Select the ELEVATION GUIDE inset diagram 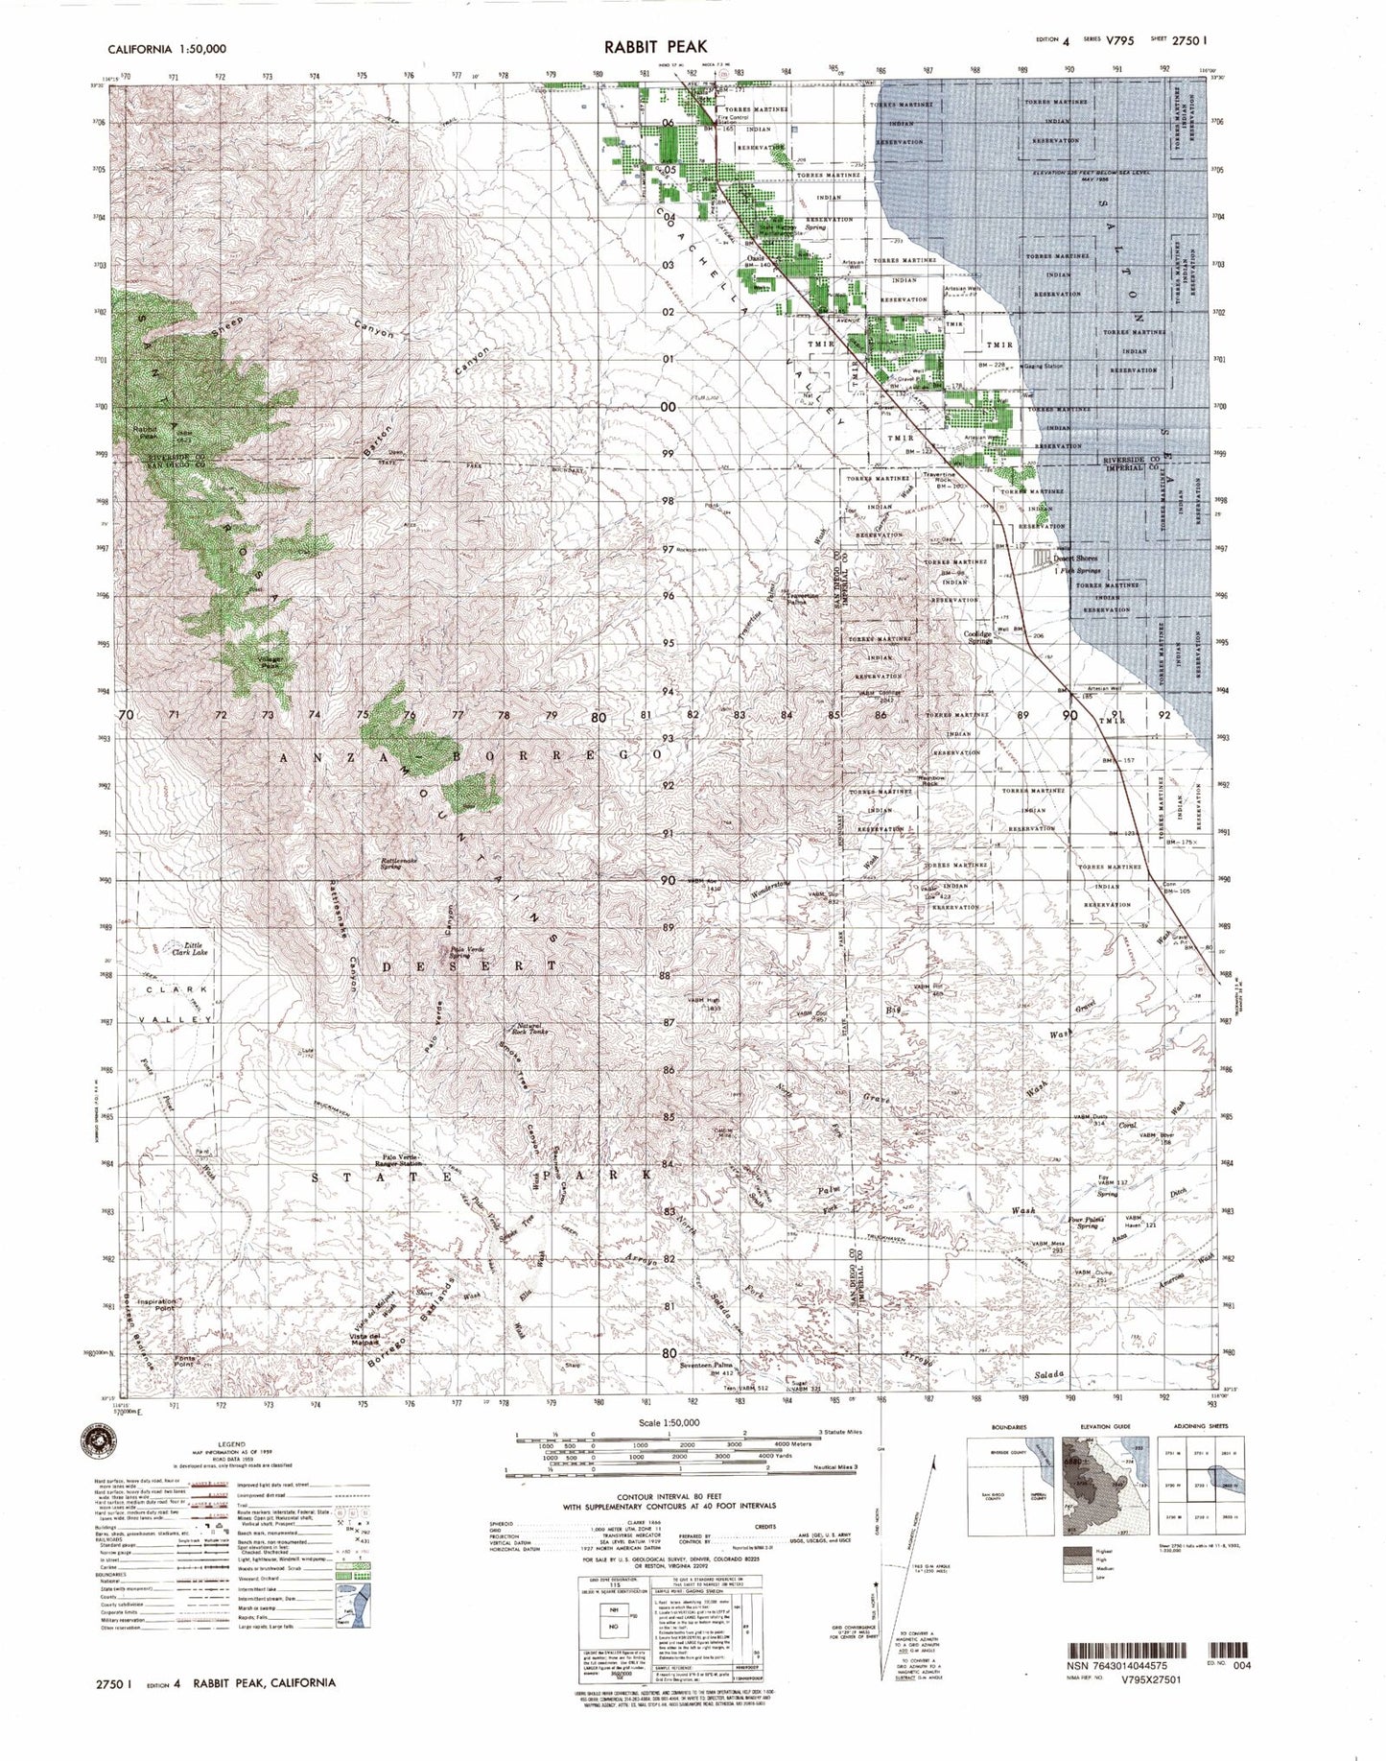point(1102,1477)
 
